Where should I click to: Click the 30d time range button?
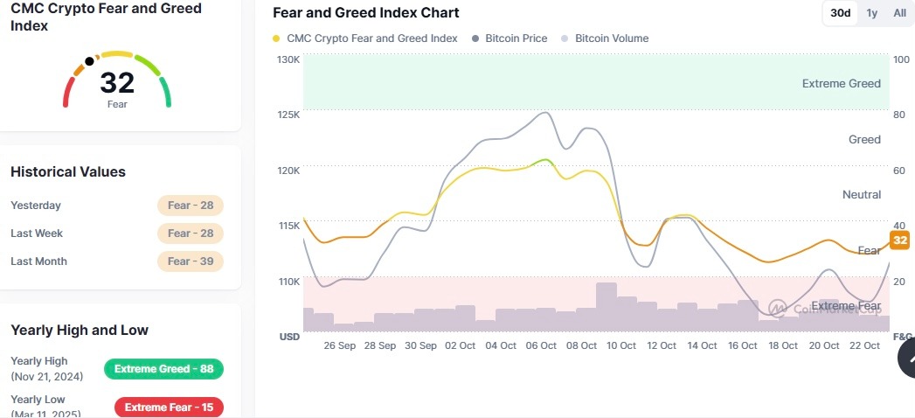[x=840, y=13]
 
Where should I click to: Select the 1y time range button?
[x=872, y=13]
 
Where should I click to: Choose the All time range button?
[x=899, y=13]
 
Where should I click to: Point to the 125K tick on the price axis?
[x=288, y=115]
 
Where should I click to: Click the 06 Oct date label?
[x=542, y=345]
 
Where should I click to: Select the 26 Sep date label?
[x=339, y=345]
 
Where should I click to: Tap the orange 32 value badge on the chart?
[x=899, y=240]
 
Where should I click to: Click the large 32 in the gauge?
[x=117, y=83]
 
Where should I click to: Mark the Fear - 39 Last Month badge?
[x=191, y=261]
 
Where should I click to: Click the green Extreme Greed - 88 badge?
[x=163, y=369]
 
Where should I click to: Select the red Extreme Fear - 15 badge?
[x=169, y=408]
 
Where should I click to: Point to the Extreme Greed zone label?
[x=841, y=84]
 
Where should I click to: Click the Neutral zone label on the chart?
[x=861, y=194]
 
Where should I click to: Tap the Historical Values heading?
[x=68, y=172]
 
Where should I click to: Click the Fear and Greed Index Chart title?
[x=365, y=13]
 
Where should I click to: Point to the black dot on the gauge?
[x=89, y=62]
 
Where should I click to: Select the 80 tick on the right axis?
[x=899, y=115]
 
